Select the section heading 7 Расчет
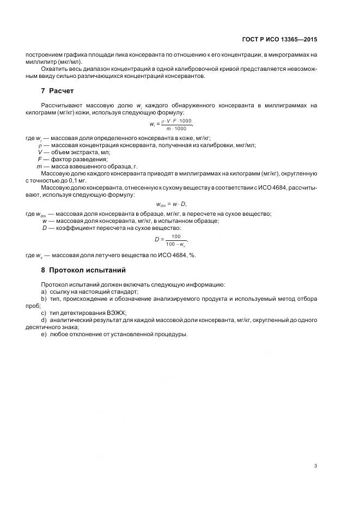pos(57,90)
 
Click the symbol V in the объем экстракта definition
pos(40,152)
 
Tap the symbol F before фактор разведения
pos(40,159)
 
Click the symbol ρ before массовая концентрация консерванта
pos(40,145)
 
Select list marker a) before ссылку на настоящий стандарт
pos(44,292)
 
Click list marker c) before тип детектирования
pos(44,313)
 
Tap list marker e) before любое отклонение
pos(44,335)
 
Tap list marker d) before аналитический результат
pos(44,320)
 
